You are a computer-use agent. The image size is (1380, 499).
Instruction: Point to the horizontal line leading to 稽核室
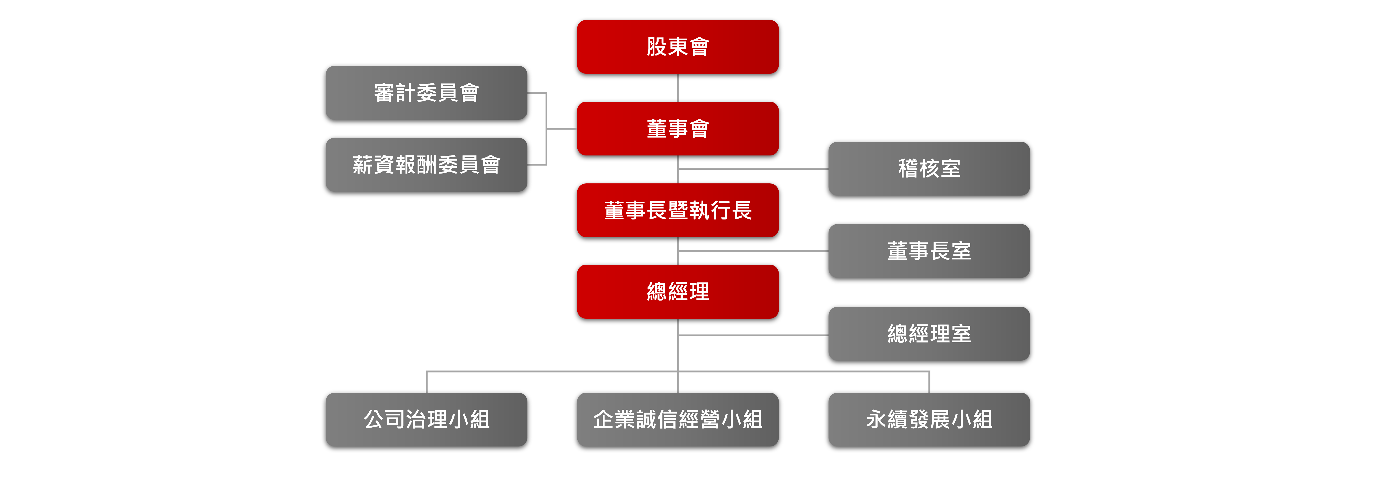[x=753, y=169]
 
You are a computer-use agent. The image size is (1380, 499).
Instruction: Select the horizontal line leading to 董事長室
[x=753, y=251]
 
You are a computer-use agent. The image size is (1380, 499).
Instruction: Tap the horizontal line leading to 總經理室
[x=753, y=336]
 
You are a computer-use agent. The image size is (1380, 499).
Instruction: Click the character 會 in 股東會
[x=699, y=47]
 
